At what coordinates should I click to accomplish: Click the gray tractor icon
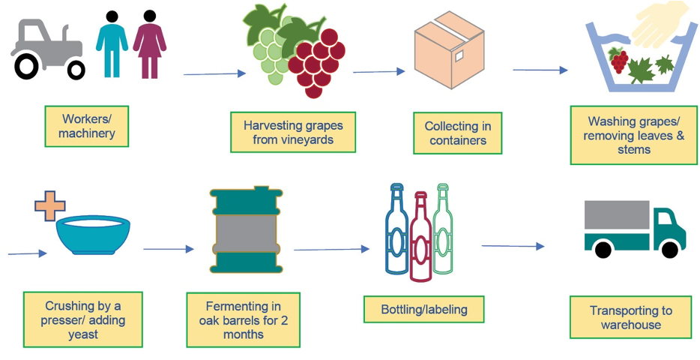47,50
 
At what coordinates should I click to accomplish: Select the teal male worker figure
112,44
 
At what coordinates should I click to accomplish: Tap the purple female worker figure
150,44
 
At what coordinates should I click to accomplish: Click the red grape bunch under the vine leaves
317,62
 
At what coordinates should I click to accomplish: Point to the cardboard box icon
449,50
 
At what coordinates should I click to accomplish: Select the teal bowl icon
94,235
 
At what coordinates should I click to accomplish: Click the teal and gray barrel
247,229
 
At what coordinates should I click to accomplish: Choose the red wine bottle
420,237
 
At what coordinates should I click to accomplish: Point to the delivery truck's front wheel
669,249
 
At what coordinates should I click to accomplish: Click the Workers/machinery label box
87,127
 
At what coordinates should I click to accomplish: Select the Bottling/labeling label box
423,309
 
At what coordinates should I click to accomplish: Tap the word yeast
82,334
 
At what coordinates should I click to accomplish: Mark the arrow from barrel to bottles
332,249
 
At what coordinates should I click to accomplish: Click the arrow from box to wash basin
540,70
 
